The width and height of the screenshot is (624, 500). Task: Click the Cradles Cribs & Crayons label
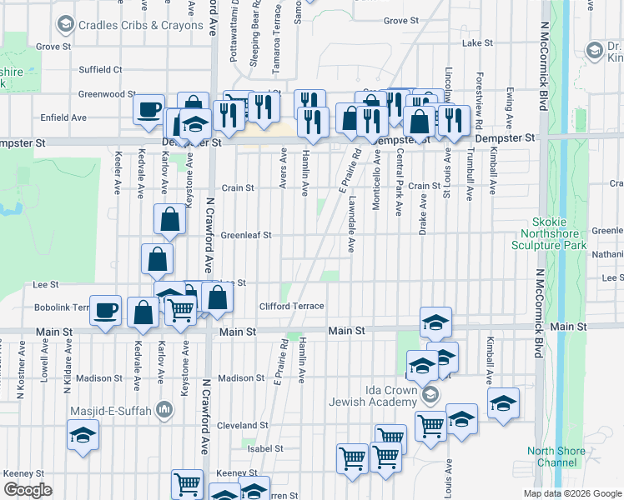[x=140, y=25]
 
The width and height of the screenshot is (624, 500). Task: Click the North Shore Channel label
[x=556, y=457]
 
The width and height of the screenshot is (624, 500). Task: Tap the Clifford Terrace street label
[x=291, y=306]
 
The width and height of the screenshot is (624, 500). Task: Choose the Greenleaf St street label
[x=246, y=235]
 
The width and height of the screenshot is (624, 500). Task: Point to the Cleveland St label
[x=242, y=425]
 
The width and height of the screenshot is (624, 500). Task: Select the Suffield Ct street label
[x=100, y=69]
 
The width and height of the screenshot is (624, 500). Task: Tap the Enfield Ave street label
[x=63, y=117]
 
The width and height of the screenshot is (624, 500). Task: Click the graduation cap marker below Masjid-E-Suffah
[x=83, y=435]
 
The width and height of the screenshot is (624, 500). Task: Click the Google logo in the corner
[x=28, y=490]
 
